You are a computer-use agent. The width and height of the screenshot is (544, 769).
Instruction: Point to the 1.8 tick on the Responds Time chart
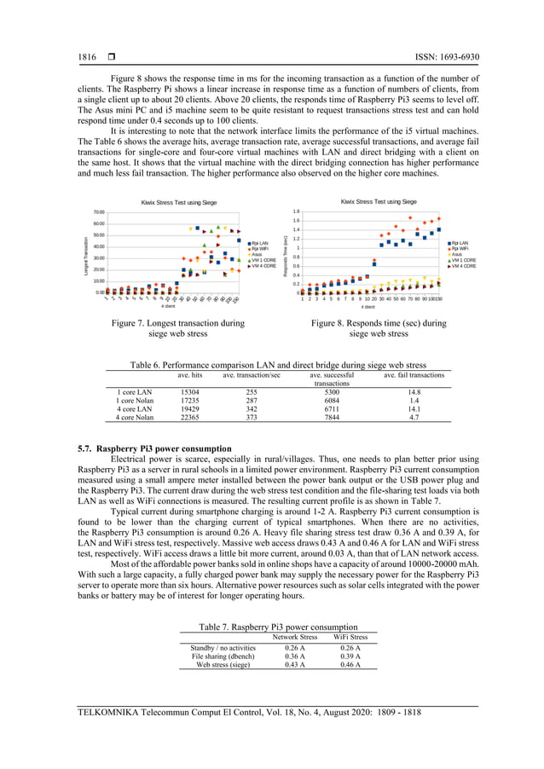[x=296, y=211]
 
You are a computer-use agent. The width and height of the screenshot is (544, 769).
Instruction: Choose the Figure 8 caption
[x=378, y=329]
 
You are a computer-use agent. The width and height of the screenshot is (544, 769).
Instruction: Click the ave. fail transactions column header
[x=414, y=375]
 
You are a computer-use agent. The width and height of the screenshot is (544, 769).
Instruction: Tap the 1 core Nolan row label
[x=135, y=401]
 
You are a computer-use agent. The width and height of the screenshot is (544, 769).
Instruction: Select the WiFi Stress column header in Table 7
[x=350, y=637]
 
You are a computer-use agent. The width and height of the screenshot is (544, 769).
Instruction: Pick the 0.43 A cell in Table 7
[x=295, y=665]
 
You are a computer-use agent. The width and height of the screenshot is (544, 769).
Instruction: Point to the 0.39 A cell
[x=350, y=656]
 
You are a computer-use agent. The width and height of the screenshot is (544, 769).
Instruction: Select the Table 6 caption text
[x=278, y=365]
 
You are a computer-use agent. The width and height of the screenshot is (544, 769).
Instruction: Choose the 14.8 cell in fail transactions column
[x=414, y=392]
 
